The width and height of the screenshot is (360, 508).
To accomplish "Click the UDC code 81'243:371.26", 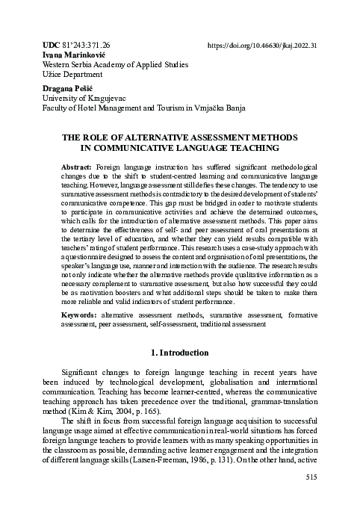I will coord(86,45).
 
